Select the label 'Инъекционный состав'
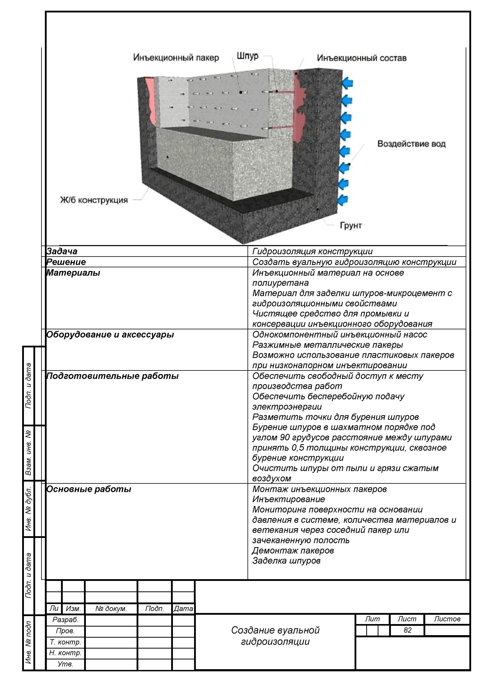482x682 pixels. (362, 58)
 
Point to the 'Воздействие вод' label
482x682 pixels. (411, 144)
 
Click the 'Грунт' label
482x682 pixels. (351, 226)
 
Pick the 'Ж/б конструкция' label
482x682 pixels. (94, 200)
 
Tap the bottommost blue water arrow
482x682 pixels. (344, 200)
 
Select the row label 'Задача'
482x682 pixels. (62, 251)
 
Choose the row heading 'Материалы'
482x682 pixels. (73, 273)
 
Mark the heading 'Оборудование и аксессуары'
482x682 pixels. (110, 335)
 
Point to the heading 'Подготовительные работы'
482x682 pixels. (112, 376)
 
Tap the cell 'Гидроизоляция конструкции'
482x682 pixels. (312, 252)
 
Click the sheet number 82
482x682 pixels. (407, 630)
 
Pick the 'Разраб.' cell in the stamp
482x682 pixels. (65, 620)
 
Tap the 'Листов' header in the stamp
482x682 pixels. (447, 619)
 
